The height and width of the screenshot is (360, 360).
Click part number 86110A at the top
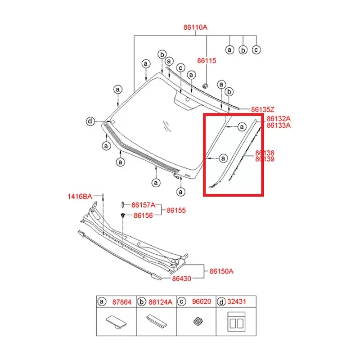point(195,27)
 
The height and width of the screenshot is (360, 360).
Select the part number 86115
point(207,60)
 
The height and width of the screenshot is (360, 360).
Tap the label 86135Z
point(262,109)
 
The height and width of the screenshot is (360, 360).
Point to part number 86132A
point(279,119)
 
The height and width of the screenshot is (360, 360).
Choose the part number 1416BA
point(80,196)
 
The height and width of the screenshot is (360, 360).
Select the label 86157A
point(143,205)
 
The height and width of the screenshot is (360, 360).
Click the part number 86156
point(143,216)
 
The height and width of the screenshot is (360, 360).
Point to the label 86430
point(181,279)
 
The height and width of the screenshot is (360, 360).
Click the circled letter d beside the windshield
point(90,121)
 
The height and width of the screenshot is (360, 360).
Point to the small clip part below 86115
point(205,85)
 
